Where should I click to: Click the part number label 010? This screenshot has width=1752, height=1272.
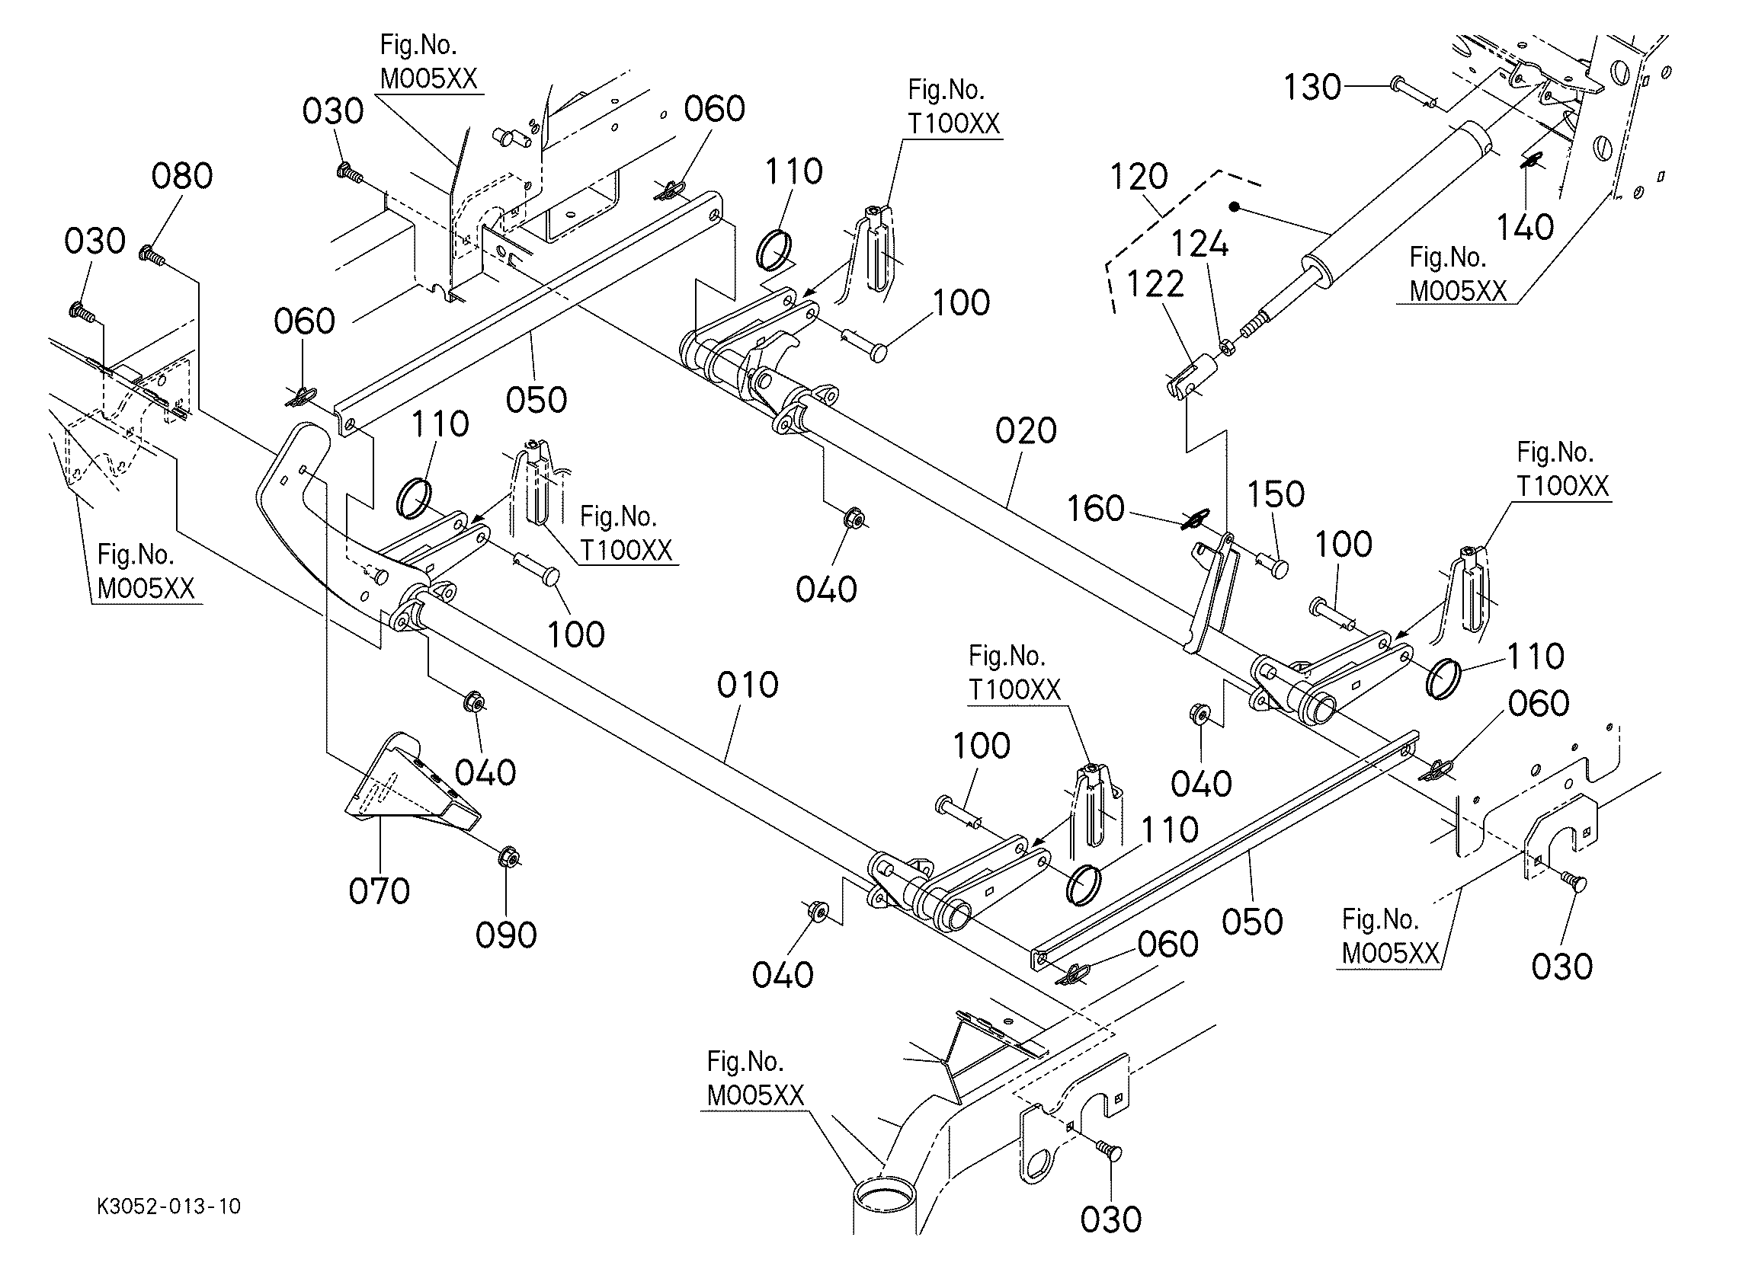(x=747, y=685)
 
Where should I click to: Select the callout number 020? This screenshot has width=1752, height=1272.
(x=1025, y=430)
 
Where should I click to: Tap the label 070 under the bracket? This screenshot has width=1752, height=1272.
(x=379, y=891)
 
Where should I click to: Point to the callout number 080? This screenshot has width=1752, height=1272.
(x=181, y=176)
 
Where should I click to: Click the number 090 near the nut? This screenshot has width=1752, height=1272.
(x=506, y=935)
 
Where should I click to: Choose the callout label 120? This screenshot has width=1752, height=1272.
(x=1139, y=177)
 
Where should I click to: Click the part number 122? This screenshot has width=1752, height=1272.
(x=1155, y=285)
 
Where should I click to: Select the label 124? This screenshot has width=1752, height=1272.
(x=1199, y=244)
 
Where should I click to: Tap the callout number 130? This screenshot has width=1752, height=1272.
(x=1312, y=88)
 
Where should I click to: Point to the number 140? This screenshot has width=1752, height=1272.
(x=1525, y=227)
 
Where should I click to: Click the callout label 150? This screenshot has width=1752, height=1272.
(x=1276, y=494)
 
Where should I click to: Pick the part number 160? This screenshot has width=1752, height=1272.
(x=1094, y=509)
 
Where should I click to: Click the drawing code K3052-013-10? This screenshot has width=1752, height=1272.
(x=168, y=1206)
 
